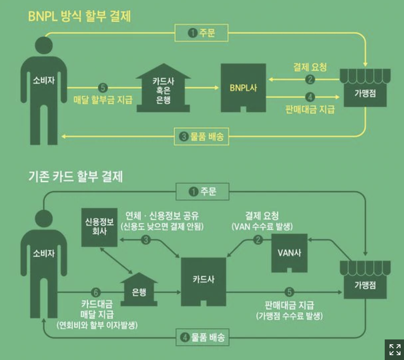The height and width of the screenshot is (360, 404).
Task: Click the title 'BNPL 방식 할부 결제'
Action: click(x=79, y=16)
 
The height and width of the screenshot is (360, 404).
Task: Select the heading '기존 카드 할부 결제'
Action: click(x=75, y=176)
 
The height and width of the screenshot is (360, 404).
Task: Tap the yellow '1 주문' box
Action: click(x=201, y=33)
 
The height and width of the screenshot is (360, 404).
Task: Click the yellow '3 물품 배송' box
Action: click(x=201, y=136)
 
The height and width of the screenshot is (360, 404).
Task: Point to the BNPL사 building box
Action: click(x=243, y=87)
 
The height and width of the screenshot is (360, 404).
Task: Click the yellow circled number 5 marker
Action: click(x=103, y=87)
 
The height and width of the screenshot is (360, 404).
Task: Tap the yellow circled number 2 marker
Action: click(x=310, y=79)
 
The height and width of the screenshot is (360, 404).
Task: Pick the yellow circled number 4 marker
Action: click(x=310, y=97)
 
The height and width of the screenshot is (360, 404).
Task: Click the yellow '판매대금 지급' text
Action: click(x=310, y=109)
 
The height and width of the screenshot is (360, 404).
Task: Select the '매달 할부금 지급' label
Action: click(x=103, y=100)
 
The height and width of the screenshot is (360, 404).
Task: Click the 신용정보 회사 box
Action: click(x=99, y=227)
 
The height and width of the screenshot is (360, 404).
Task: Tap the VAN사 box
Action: click(x=289, y=253)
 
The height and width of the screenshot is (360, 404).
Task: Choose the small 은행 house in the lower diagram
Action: click(x=139, y=291)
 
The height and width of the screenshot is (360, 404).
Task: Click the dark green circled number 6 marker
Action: click(x=95, y=292)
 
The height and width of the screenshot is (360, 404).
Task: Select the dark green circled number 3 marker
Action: click(x=146, y=240)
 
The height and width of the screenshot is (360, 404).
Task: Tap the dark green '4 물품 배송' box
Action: click(x=203, y=337)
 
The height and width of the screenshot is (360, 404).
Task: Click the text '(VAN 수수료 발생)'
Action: click(x=262, y=227)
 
